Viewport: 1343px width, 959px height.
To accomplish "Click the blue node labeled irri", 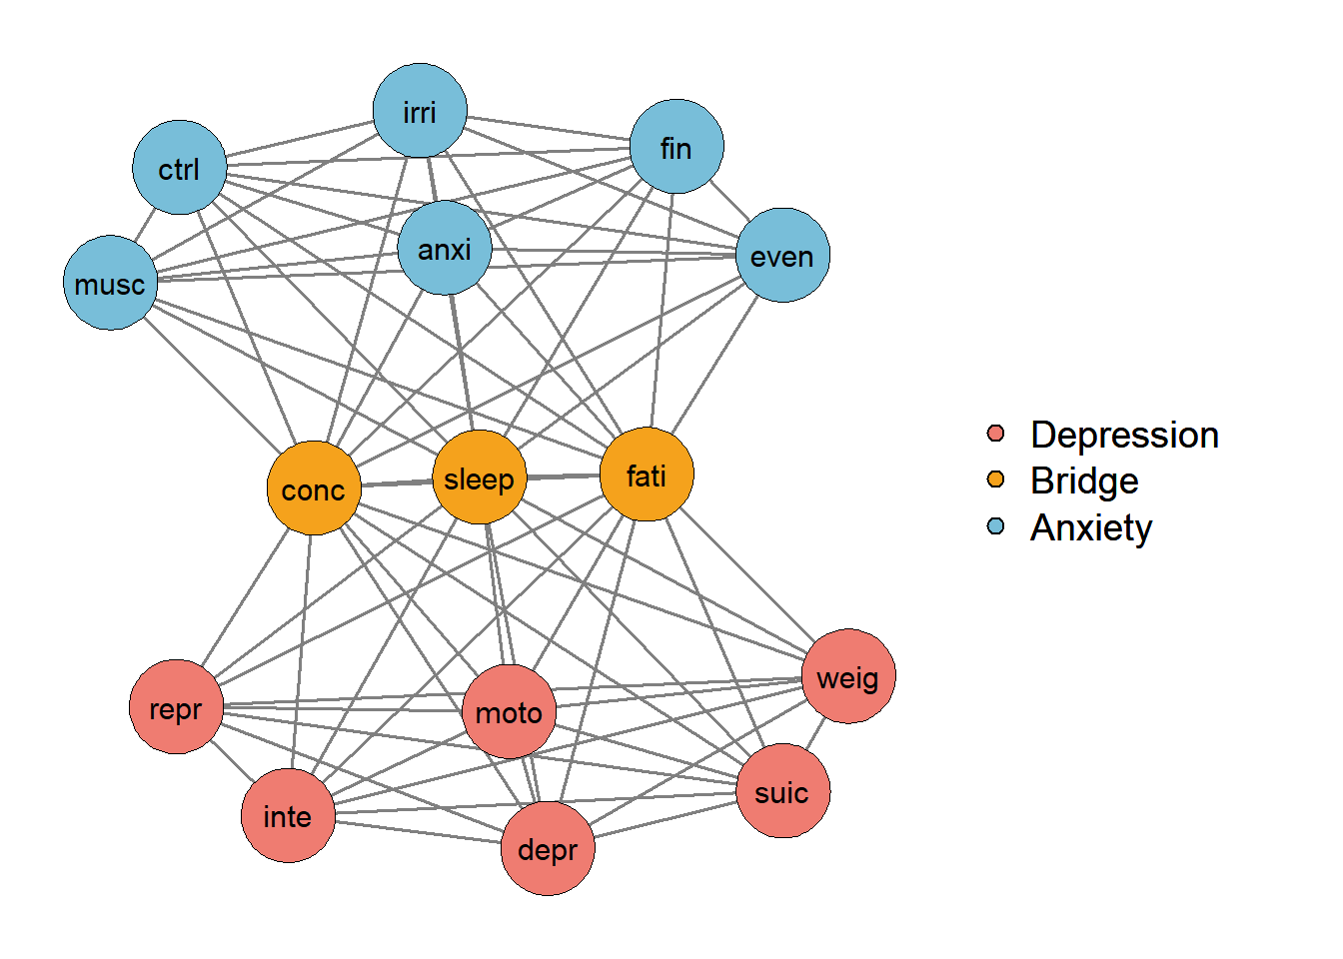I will [420, 111].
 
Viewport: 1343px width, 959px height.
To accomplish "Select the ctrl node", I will [180, 168].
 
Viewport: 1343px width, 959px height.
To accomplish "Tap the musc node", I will [110, 283].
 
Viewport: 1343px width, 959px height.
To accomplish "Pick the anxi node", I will [445, 248].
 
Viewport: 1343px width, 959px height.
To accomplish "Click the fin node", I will [676, 147].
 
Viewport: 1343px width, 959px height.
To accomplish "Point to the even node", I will [782, 255].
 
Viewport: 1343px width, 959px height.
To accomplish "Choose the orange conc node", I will [314, 488].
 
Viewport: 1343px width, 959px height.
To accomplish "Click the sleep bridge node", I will [480, 478].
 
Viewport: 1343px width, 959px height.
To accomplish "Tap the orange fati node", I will [647, 475].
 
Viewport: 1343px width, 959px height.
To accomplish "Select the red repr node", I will [176, 707].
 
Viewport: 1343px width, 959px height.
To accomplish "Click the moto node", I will [510, 711].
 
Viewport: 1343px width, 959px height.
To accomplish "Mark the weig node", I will [848, 676].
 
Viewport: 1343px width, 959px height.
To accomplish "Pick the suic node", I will [782, 791].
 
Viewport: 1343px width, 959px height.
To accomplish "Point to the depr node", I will [548, 848].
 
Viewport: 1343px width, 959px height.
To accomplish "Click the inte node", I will [288, 815].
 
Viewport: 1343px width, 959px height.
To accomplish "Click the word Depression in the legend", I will [1124, 436].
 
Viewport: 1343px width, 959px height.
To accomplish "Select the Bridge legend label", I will [1084, 481].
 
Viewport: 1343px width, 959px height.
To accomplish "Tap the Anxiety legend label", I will [1091, 527].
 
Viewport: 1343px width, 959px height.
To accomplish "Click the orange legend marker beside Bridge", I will [995, 479].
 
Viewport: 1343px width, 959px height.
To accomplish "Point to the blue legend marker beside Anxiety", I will [995, 526].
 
